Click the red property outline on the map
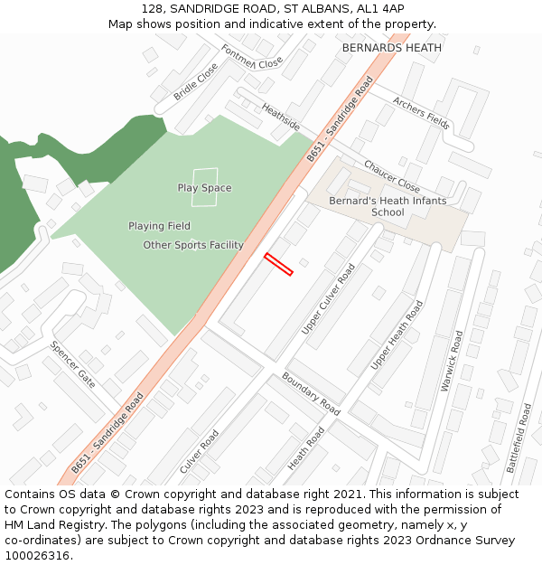[278, 264]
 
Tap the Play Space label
[204, 188]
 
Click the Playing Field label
[159, 226]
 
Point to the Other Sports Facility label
[193, 245]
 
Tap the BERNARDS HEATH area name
[392, 48]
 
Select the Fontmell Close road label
[252, 58]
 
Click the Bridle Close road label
[196, 80]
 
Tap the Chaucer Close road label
[392, 170]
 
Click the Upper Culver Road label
[329, 299]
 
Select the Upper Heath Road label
[397, 335]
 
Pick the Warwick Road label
[451, 361]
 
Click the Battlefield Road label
[519, 438]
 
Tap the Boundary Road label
[311, 393]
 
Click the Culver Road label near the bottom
[200, 451]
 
